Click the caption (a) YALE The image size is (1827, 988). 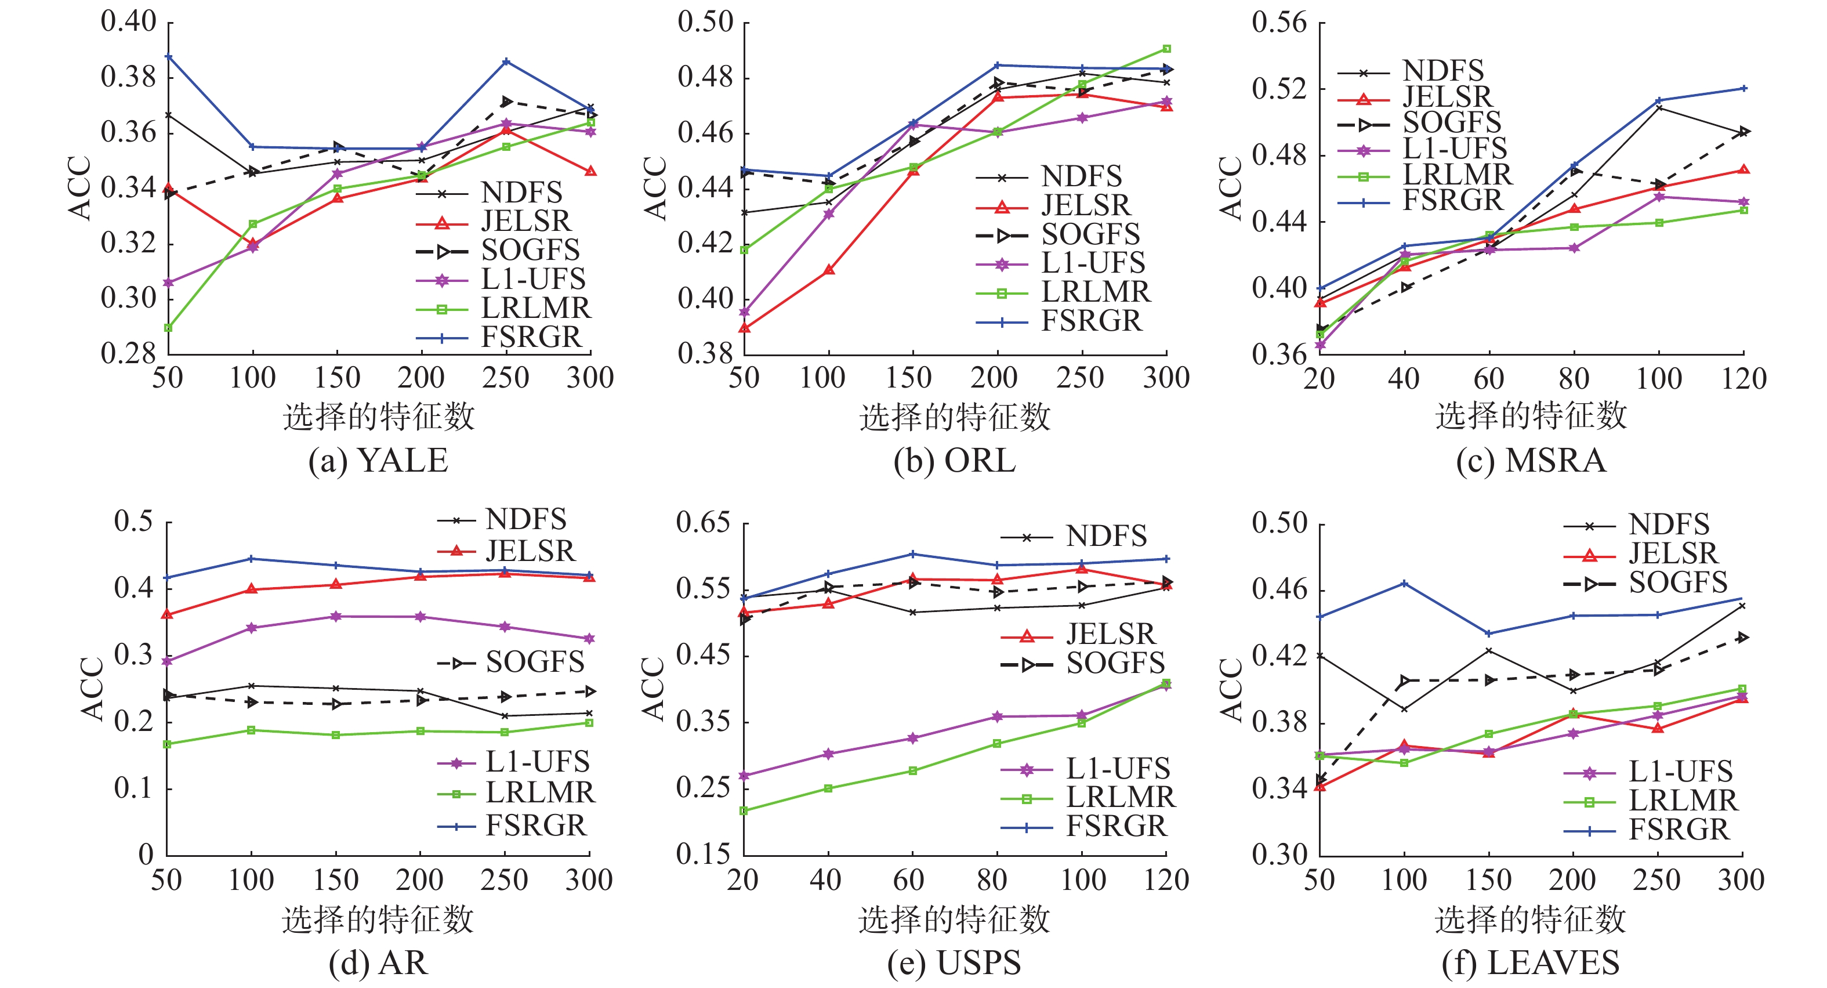pos(378,461)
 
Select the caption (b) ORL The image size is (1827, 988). pos(955,461)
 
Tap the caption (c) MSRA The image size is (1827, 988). pos(1531,461)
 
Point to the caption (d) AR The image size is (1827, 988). pos(378,963)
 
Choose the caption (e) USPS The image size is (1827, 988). pos(954,963)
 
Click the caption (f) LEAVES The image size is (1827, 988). pos(1531,963)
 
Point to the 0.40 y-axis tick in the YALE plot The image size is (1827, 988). pos(128,21)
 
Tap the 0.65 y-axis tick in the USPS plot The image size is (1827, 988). pos(703,523)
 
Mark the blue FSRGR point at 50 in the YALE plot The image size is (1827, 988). pos(169,56)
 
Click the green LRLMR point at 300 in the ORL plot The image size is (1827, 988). pos(1167,49)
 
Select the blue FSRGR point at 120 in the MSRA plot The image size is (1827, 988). pos(1744,89)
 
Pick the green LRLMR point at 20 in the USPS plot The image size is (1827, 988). pos(744,810)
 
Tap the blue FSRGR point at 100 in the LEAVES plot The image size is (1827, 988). pos(1404,584)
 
